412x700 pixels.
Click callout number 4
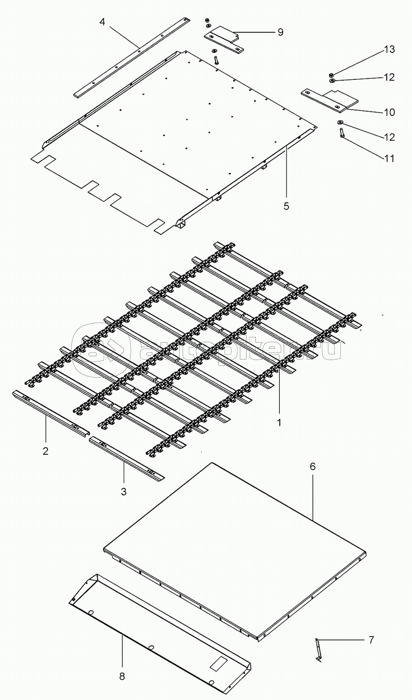pyautogui.click(x=102, y=22)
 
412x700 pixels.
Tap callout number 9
pyautogui.click(x=280, y=32)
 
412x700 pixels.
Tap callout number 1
pyautogui.click(x=279, y=424)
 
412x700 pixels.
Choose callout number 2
pyautogui.click(x=46, y=450)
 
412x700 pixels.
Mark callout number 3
pyautogui.click(x=124, y=491)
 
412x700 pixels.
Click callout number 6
pyautogui.click(x=312, y=466)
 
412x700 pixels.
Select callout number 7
pyautogui.click(x=370, y=639)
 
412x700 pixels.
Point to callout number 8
pyautogui.click(x=122, y=676)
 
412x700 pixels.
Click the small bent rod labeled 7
pyautogui.click(x=317, y=649)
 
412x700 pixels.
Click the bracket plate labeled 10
pyautogui.click(x=329, y=99)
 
